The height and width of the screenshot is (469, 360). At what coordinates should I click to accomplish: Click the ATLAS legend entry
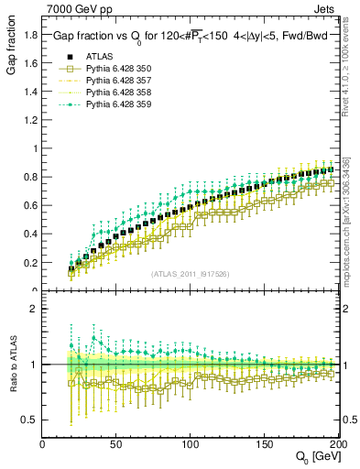pos(97,57)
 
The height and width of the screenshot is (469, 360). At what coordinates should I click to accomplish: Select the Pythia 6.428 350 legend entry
pos(114,69)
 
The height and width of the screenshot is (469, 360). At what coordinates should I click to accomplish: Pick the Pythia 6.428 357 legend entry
pos(114,81)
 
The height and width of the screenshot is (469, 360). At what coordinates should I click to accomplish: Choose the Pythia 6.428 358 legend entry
pos(114,93)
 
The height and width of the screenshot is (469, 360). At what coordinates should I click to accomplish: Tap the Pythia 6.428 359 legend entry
pos(114,104)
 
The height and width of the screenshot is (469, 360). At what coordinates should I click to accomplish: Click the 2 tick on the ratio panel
pos(33,309)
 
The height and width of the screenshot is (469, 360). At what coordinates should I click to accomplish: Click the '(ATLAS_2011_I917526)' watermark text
pos(190,274)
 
